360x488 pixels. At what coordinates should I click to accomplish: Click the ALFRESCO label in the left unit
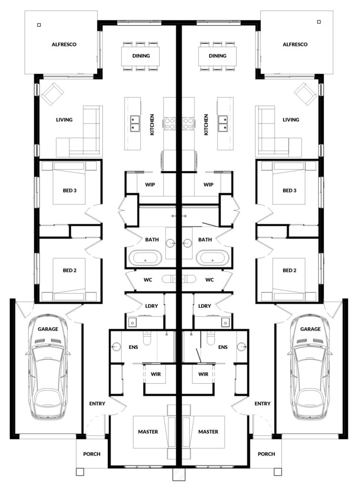click(64, 44)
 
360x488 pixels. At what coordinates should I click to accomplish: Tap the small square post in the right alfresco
click(319, 22)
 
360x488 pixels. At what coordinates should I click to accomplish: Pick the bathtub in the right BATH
click(213, 258)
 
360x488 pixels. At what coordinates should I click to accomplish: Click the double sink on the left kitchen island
click(135, 122)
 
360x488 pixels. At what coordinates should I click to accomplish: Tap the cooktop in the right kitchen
click(188, 123)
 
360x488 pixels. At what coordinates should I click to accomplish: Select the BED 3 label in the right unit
click(289, 191)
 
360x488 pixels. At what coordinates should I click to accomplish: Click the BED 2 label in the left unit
click(70, 271)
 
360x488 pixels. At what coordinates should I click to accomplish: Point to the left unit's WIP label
click(150, 184)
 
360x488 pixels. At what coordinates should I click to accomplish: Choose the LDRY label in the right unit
click(205, 306)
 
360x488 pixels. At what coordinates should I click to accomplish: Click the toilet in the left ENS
click(147, 338)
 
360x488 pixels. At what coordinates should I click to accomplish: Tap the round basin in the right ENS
click(241, 346)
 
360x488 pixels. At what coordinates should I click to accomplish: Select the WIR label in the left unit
click(156, 374)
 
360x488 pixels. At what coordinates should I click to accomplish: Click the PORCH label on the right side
click(266, 454)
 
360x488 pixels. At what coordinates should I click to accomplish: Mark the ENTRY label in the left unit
click(97, 404)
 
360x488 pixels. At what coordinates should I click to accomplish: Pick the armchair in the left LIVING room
click(52, 94)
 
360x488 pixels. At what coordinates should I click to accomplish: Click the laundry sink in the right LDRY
click(226, 323)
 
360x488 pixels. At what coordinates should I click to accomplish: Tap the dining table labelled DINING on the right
click(217, 56)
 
